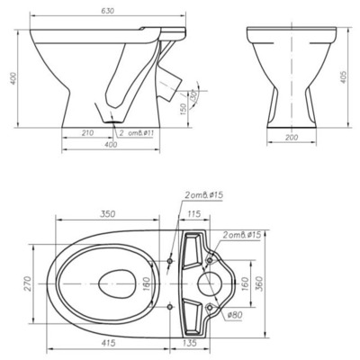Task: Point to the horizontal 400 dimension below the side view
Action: pos(111,145)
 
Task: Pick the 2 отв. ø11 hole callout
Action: pos(139,132)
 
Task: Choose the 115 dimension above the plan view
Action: pos(193,215)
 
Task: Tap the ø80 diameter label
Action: pos(235,314)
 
